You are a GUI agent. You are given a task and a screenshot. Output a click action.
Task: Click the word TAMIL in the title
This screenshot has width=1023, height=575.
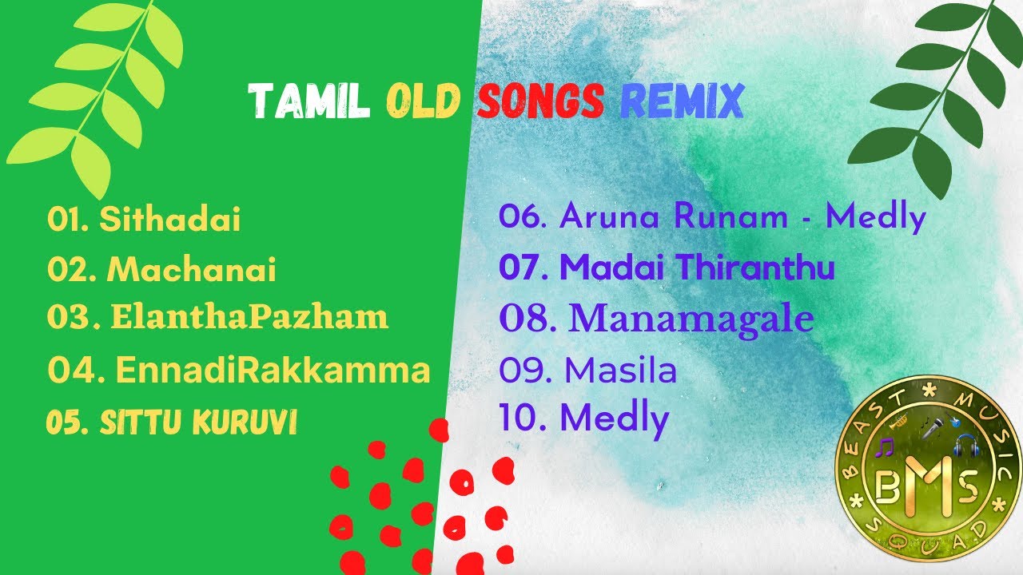click(x=308, y=102)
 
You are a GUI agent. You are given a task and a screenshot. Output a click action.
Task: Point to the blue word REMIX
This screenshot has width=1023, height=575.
click(x=682, y=102)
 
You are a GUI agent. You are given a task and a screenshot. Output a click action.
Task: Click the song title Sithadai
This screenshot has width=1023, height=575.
click(x=169, y=220)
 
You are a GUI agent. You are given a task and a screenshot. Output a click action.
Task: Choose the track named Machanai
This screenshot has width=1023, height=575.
click(x=192, y=270)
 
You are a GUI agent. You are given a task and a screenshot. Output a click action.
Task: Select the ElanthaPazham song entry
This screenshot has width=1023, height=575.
click(x=249, y=317)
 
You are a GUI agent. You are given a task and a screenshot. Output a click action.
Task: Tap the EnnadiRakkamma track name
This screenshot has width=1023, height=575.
click(x=273, y=371)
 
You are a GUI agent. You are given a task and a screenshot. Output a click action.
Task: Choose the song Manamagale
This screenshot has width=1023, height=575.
click(x=692, y=319)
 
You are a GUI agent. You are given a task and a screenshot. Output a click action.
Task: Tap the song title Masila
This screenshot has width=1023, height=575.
click(x=620, y=371)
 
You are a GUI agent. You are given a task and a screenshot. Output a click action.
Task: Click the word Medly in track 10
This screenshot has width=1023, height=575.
click(x=614, y=418)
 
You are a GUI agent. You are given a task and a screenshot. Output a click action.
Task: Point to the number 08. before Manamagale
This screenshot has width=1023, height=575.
click(x=527, y=319)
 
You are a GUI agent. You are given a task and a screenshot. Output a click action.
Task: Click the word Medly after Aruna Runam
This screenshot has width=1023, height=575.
click(x=875, y=216)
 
